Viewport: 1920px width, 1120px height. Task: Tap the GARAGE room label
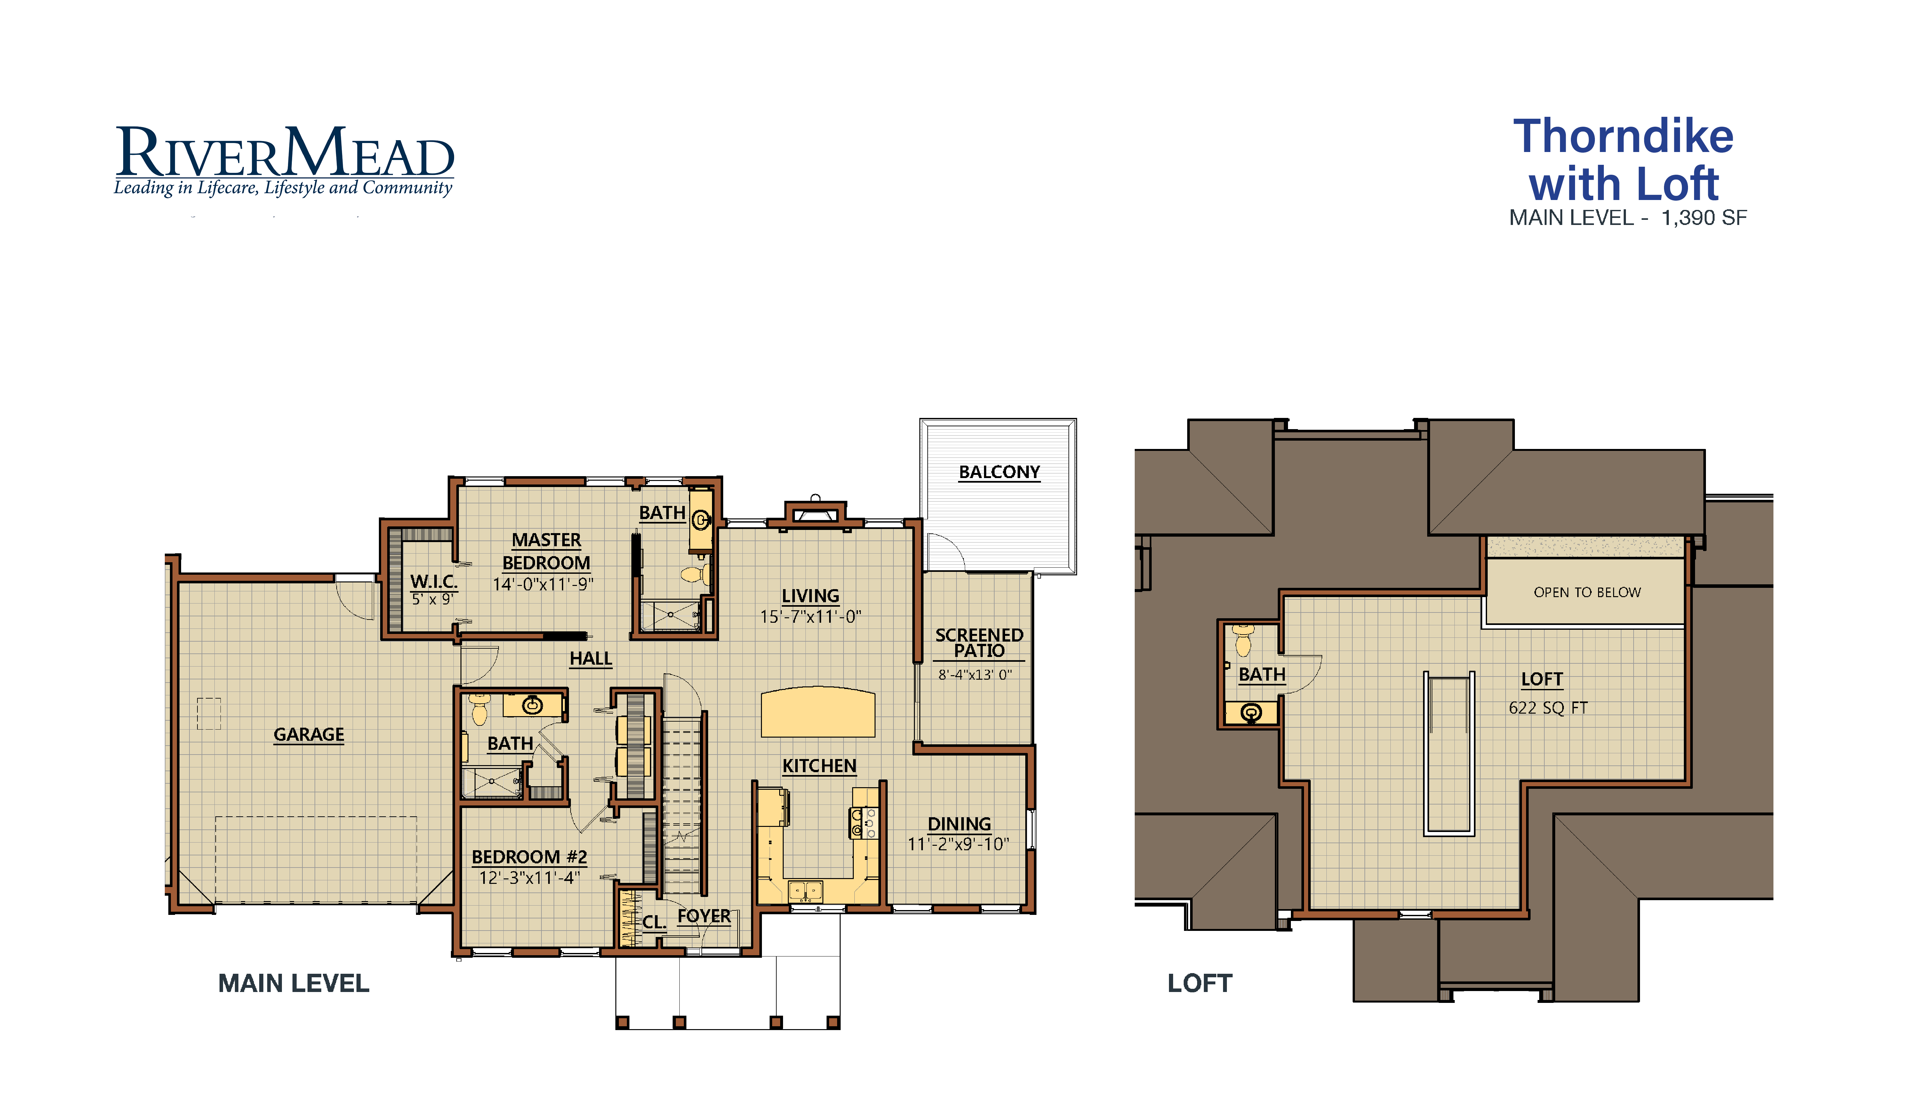click(x=308, y=734)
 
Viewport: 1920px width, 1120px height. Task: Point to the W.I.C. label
click(x=434, y=581)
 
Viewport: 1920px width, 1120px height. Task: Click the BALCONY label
click(x=999, y=472)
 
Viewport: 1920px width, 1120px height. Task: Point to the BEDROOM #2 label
click(x=529, y=857)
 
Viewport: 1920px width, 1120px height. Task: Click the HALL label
click(x=590, y=658)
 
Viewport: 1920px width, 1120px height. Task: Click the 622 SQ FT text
click(x=1548, y=708)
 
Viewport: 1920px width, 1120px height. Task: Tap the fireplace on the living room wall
click(x=814, y=515)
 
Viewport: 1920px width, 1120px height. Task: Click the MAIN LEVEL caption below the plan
click(x=293, y=984)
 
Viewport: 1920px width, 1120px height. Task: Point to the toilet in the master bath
click(x=693, y=574)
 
